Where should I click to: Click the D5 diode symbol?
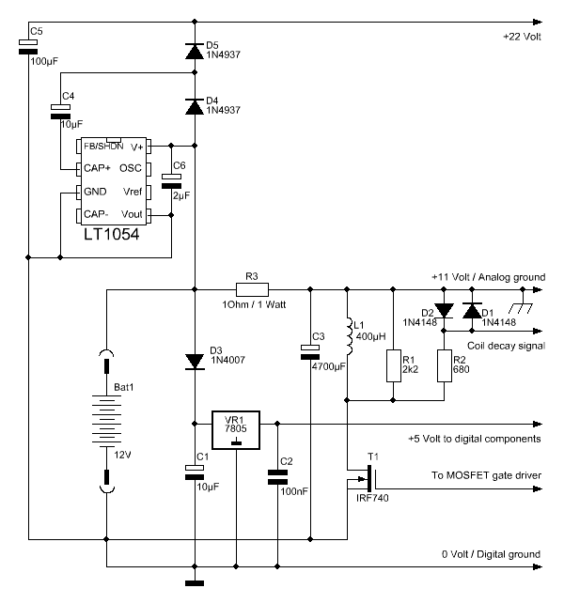[x=195, y=52]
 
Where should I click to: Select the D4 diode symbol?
[x=195, y=107]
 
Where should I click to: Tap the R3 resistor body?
[x=252, y=289]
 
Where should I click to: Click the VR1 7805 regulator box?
[x=236, y=430]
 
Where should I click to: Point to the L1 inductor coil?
[x=349, y=336]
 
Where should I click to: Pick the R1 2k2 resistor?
[x=393, y=365]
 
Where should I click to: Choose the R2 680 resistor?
[x=444, y=365]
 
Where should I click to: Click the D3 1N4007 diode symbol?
[x=195, y=362]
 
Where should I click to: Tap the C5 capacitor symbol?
[x=28, y=47]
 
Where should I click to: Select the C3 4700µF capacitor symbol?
[x=310, y=352]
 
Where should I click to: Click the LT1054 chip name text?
[x=112, y=234]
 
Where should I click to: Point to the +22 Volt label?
[x=522, y=37]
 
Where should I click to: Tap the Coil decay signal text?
[x=506, y=346]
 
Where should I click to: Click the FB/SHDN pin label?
[x=103, y=147]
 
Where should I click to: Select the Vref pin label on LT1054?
[x=133, y=192]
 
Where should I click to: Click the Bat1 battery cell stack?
[x=106, y=421]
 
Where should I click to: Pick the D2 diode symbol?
[x=444, y=311]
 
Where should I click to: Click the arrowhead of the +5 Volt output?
[x=538, y=424]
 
